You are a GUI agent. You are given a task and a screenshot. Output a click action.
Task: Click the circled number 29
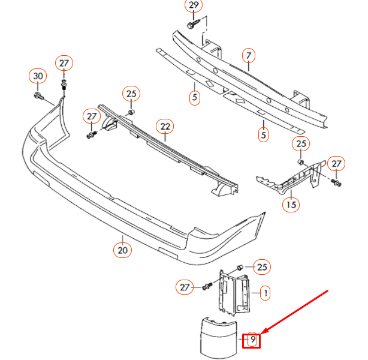(x=193, y=7)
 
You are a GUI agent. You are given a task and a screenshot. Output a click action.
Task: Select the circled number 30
(x=38, y=76)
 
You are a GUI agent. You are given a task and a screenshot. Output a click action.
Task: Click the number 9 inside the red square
(x=253, y=341)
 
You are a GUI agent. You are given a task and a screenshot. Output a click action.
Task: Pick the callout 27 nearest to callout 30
(x=64, y=62)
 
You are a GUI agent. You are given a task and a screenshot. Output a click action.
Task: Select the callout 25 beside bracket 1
(x=262, y=266)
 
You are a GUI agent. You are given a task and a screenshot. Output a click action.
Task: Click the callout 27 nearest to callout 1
(x=185, y=287)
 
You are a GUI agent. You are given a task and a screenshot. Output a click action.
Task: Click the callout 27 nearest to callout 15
(x=337, y=164)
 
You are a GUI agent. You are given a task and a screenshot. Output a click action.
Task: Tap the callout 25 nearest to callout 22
(x=131, y=93)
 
